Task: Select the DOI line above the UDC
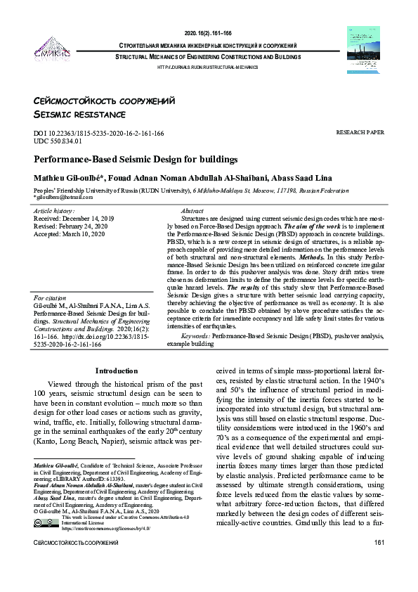pyautogui.click(x=99, y=133)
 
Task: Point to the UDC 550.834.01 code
pyautogui.click(x=67, y=141)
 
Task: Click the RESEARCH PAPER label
pyautogui.click(x=360, y=132)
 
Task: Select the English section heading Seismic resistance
pyautogui.click(x=79, y=114)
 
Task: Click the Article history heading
pyautogui.click(x=54, y=210)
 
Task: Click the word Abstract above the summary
pyautogui.click(x=192, y=211)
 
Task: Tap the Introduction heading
pyautogui.click(x=117, y=371)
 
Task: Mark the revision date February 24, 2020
pyautogui.click(x=90, y=226)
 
